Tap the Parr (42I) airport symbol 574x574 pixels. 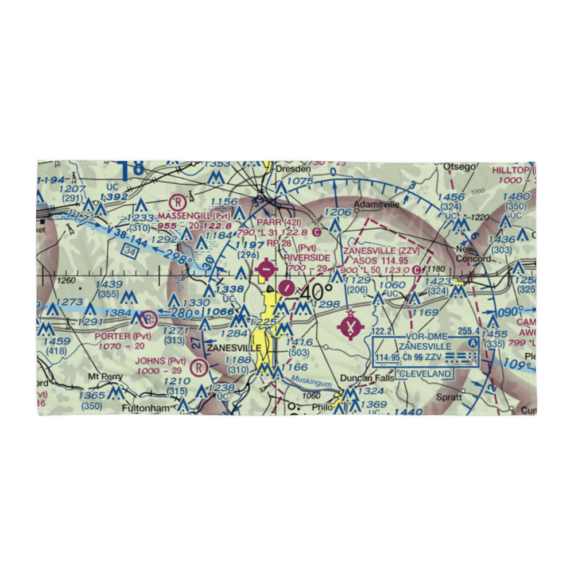tap(266, 267)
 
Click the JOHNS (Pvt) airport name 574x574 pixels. tap(161, 361)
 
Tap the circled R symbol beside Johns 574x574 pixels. tap(199, 365)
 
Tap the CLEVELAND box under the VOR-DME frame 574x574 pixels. tap(425, 374)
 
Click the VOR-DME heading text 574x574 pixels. tap(426, 337)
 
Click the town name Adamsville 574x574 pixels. tap(376, 204)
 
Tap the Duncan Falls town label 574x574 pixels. tap(367, 378)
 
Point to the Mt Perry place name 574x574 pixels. tap(102, 377)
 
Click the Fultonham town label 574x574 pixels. tap(147, 408)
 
